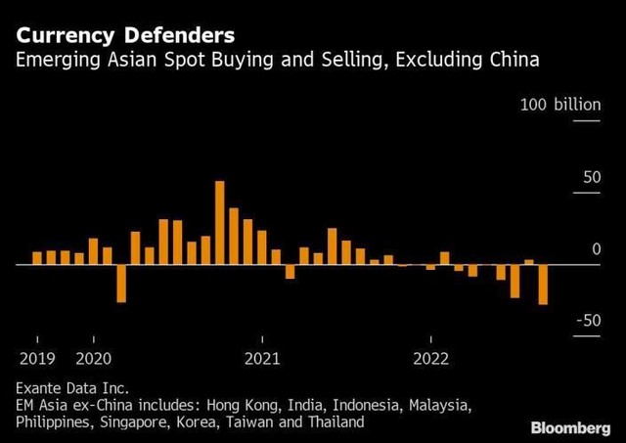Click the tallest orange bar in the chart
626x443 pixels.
click(219, 223)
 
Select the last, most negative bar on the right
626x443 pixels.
click(543, 285)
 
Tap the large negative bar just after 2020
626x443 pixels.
click(121, 284)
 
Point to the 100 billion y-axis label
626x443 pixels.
click(560, 105)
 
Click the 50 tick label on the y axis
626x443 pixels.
click(591, 177)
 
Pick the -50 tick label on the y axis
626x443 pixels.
click(587, 321)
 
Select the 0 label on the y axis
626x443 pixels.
click(596, 249)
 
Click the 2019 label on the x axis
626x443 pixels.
click(36, 357)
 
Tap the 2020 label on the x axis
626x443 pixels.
click(93, 357)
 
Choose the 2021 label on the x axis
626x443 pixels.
click(262, 357)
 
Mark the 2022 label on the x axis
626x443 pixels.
click(431, 357)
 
